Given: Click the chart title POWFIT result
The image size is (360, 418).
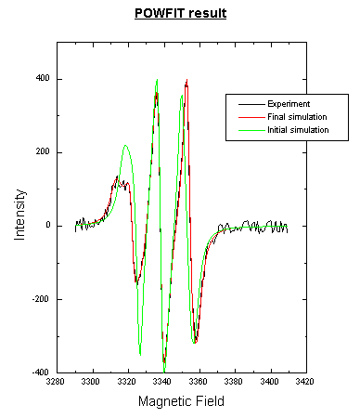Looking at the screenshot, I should coord(180,14).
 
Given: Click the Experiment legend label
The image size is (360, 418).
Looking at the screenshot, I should coord(289,103).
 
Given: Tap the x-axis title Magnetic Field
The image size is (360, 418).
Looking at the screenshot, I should coord(181,401).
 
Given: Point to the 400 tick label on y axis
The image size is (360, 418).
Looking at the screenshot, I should coord(42,79).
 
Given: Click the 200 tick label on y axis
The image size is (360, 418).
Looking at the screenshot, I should coord(42,152).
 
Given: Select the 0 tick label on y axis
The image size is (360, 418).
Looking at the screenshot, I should coord(46,226).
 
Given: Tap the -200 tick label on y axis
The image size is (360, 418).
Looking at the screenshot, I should coord(40,299).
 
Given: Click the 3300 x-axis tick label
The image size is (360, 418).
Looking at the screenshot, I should coord(91,381).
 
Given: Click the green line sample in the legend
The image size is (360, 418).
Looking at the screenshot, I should coord(244,128).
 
